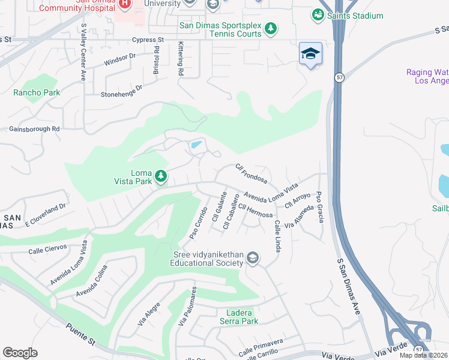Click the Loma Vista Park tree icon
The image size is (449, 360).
160,175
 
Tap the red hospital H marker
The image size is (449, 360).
124,4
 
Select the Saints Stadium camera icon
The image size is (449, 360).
318,14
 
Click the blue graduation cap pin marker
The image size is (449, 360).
310,54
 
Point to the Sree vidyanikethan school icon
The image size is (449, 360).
253,258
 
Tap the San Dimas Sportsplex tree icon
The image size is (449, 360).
271,28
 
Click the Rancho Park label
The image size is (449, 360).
37,92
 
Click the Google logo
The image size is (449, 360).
20,353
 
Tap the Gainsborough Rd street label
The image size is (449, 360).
34,128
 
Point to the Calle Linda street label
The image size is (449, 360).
278,236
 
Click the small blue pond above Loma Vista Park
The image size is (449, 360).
196,145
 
